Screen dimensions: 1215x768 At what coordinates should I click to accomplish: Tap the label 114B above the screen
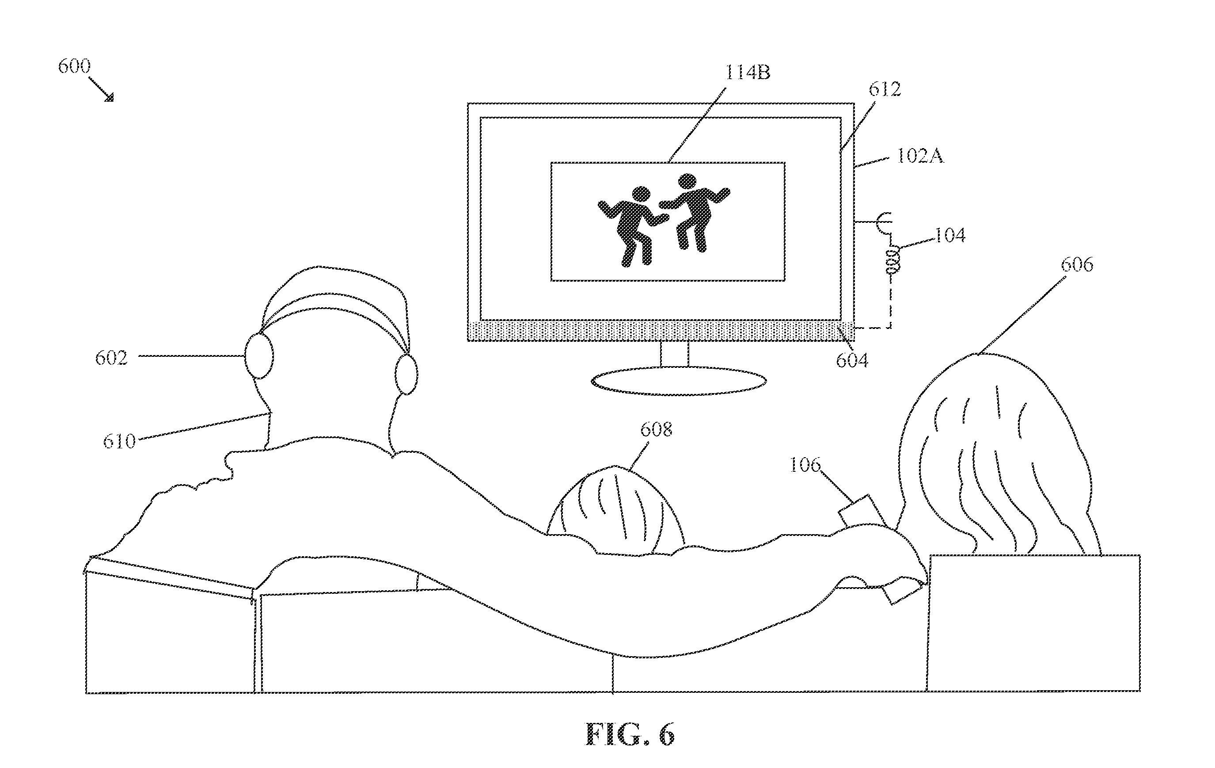(748, 73)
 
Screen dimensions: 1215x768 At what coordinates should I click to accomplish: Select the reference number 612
(885, 89)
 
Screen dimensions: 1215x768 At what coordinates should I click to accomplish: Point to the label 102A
(920, 156)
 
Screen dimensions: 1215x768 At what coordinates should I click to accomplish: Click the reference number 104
(950, 235)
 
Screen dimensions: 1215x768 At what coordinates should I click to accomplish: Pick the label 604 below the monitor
(852, 360)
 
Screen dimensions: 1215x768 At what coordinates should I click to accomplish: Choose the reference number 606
(1077, 264)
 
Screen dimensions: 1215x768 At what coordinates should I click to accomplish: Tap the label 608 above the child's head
(657, 430)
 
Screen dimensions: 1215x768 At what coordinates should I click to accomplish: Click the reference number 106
(805, 465)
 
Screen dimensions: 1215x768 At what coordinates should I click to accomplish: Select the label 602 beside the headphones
(111, 358)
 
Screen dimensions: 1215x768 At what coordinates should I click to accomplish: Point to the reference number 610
(120, 442)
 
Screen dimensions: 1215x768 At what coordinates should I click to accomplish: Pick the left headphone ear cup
(259, 355)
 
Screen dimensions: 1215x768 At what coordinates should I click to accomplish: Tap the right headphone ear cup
(406, 374)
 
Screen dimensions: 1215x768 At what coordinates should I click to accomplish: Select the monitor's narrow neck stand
(675, 354)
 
